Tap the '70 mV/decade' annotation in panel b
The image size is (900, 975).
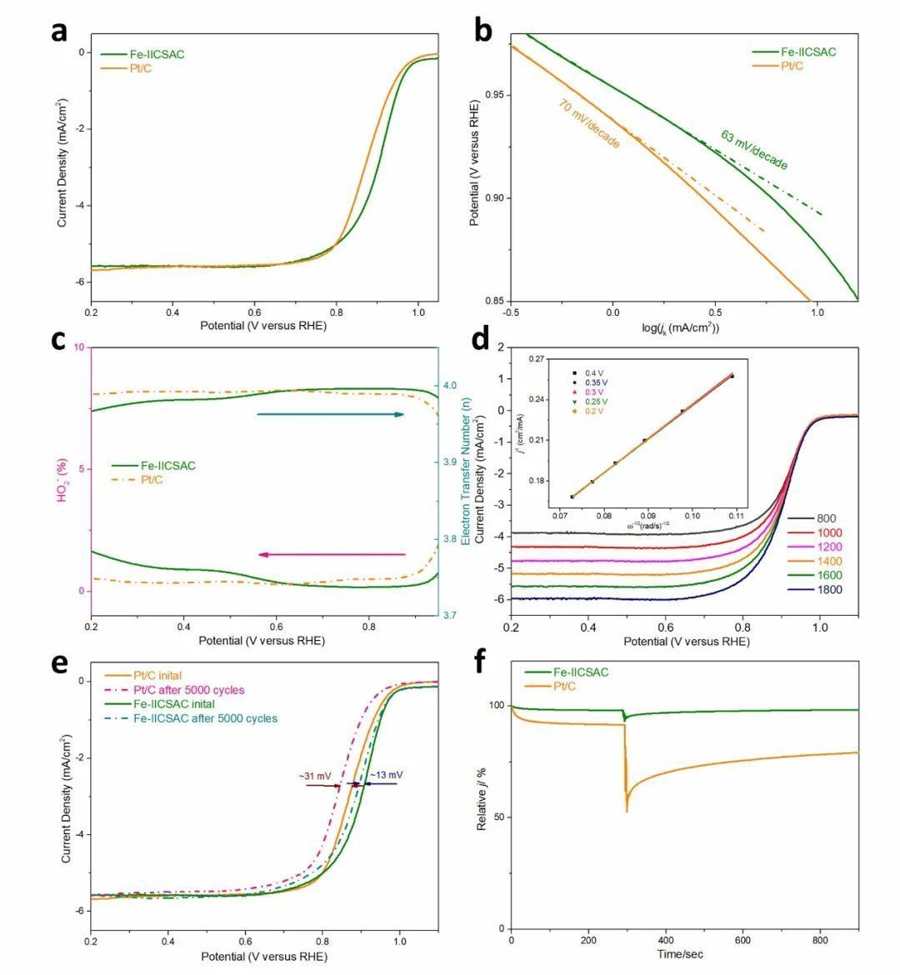point(589,124)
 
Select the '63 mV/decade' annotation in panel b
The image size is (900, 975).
point(754,150)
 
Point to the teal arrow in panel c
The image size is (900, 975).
point(330,414)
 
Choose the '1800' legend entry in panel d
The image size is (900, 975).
point(829,590)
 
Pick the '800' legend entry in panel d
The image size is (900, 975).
point(826,518)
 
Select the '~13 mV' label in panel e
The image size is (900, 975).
point(385,774)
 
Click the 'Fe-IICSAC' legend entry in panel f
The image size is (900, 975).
point(579,672)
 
